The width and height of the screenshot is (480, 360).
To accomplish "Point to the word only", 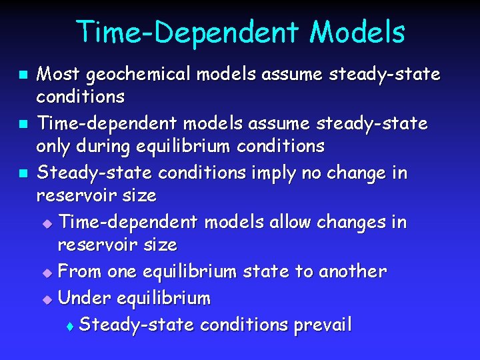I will [53, 146].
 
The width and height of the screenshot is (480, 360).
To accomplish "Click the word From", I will [78, 271].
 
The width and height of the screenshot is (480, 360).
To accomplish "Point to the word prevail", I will [323, 325].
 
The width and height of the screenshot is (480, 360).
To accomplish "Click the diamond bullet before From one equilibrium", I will [46, 272].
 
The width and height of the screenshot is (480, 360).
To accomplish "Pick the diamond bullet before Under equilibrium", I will [46, 299].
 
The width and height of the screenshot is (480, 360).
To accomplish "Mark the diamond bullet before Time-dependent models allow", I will [46, 223].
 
